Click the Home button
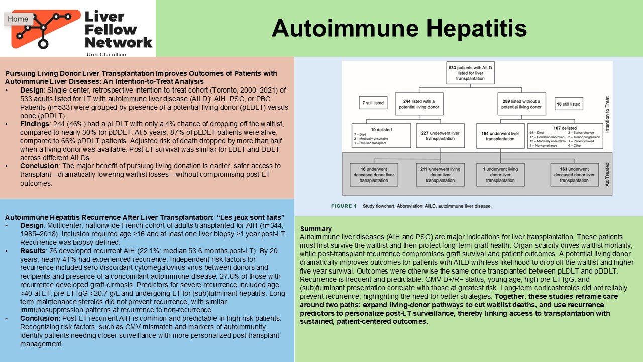tap(18, 19)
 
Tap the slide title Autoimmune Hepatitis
tap(399, 28)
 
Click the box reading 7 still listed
tap(373, 103)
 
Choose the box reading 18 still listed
tap(568, 104)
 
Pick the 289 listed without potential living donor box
tap(521, 104)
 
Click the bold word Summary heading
tap(315, 229)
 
